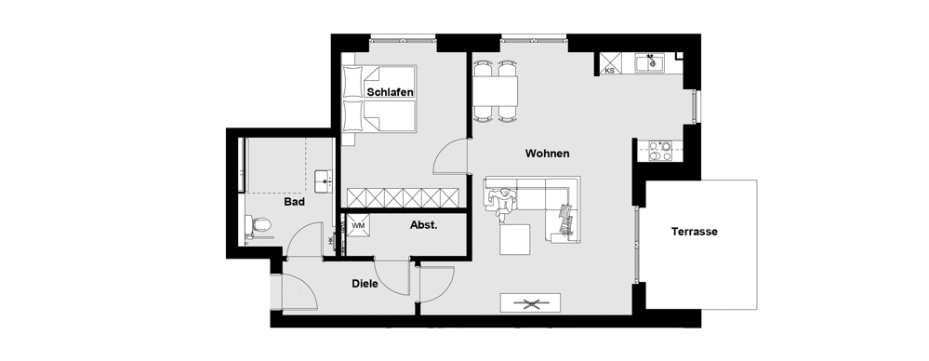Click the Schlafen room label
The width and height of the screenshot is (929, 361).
(390, 92)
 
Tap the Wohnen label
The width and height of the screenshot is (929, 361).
(548, 154)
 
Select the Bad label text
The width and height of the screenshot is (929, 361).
(295, 202)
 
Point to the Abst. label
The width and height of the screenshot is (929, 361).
(424, 225)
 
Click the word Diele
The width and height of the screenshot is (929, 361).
(365, 284)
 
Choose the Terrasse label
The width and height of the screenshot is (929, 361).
(695, 232)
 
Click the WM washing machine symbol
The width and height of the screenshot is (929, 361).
(358, 225)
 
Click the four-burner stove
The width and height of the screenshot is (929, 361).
(660, 151)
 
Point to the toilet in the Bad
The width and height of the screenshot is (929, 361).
(258, 224)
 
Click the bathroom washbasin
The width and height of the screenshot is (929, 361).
(324, 180)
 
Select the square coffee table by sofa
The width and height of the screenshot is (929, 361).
(514, 239)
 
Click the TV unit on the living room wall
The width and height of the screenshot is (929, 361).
(530, 303)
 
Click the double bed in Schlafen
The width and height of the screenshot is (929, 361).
(379, 99)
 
